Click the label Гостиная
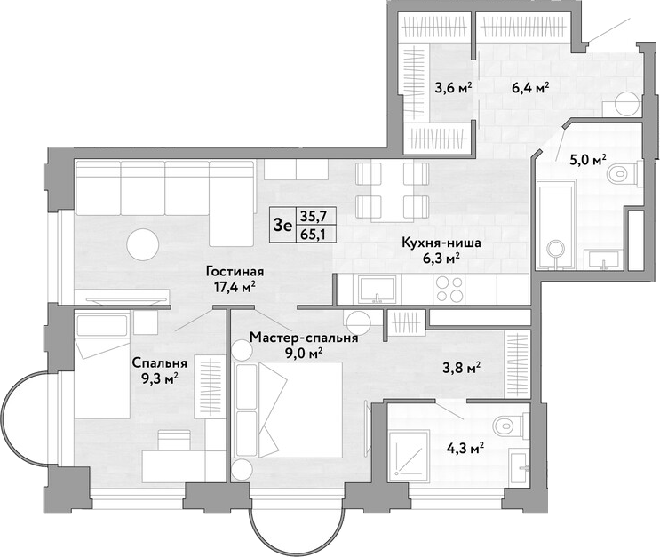click(x=235, y=272)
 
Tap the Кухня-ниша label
click(x=441, y=243)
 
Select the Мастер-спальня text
click(x=304, y=338)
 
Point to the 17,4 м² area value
click(x=235, y=287)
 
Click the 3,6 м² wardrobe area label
click(x=453, y=88)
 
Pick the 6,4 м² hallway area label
click(x=530, y=88)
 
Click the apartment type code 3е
click(x=282, y=226)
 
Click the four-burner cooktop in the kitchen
click(x=450, y=289)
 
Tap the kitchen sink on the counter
click(x=378, y=290)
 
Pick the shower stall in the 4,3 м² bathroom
click(x=410, y=454)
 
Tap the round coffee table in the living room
click(x=143, y=244)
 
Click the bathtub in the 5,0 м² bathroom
click(x=555, y=225)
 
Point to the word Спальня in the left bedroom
click(x=160, y=362)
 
